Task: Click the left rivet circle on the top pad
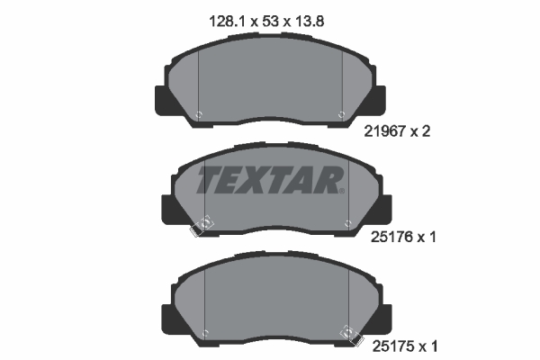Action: (x=199, y=114)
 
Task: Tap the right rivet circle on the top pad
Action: (x=342, y=114)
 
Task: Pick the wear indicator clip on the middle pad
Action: (x=203, y=225)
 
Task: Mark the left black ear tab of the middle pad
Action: (x=166, y=210)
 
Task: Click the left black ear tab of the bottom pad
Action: (x=166, y=318)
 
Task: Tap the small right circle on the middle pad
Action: (x=347, y=220)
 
